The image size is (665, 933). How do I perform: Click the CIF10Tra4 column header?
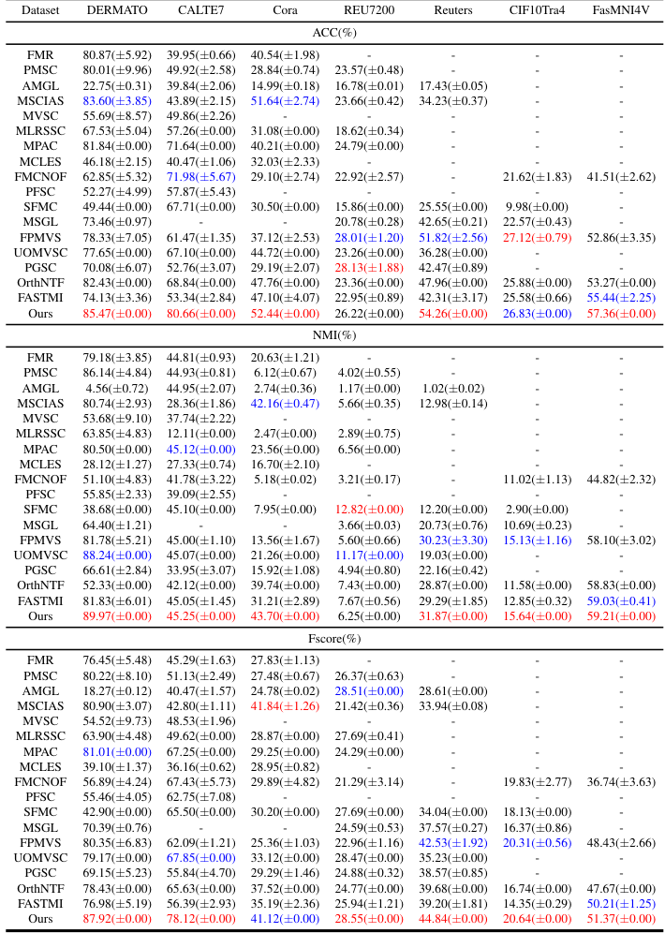[x=538, y=11]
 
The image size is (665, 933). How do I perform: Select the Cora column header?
[x=285, y=11]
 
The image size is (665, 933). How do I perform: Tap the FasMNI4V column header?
[x=619, y=11]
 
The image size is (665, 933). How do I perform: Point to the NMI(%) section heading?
[x=332, y=336]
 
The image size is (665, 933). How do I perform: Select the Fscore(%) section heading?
[x=332, y=639]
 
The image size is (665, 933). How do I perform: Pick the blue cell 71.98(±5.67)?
[x=199, y=177]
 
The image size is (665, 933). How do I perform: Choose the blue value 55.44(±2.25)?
[x=619, y=297]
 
